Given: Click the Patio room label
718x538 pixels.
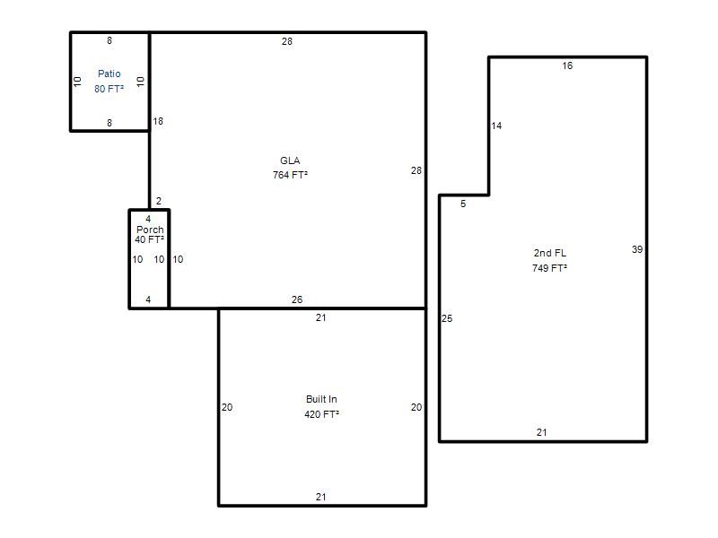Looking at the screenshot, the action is (109, 74).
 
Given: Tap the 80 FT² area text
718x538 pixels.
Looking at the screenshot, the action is (109, 89).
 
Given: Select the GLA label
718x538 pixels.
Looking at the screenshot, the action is (290, 161).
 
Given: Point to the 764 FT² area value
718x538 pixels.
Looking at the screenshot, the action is (290, 175).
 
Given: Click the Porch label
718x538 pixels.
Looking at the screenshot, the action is (150, 230).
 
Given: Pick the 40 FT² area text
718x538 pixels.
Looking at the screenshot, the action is (149, 239).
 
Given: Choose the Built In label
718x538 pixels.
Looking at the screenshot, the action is (321, 399).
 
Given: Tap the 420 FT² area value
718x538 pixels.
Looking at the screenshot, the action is (321, 414).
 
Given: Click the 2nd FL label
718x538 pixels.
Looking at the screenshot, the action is (549, 253).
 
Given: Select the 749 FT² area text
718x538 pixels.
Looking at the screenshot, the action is (549, 268).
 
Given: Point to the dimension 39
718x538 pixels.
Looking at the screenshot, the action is (637, 249).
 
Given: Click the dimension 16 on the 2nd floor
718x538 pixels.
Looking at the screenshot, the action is (567, 65).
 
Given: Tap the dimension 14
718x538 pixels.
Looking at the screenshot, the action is (496, 126).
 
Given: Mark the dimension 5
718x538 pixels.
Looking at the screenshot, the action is (463, 204).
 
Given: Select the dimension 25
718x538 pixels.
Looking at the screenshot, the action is (447, 318).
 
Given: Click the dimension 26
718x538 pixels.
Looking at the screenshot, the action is (297, 299).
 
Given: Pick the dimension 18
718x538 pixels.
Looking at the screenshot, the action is (158, 121).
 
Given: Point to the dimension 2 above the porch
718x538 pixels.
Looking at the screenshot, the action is (159, 201).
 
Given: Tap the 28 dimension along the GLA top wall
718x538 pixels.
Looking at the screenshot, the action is (286, 41).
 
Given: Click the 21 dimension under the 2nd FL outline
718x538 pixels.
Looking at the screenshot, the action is (542, 432).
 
